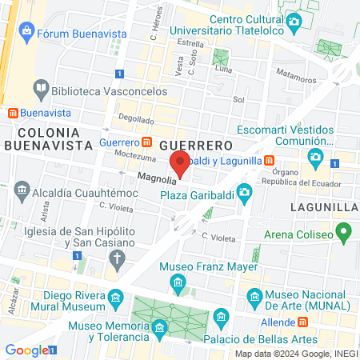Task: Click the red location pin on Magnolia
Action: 181,164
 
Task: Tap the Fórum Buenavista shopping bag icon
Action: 27,32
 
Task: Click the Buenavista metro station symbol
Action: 11,113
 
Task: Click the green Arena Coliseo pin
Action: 345,234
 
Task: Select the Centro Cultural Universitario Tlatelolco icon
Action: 294,21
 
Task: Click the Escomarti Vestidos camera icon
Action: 317,155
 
